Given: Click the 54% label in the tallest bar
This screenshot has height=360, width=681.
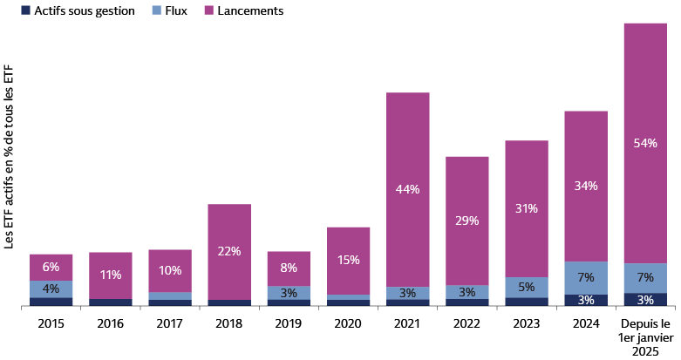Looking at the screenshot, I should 645,143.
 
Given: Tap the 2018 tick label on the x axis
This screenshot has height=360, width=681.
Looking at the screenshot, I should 229,323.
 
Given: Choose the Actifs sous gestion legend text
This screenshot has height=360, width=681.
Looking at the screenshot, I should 84,10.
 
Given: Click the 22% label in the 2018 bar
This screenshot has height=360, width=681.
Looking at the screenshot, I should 229,251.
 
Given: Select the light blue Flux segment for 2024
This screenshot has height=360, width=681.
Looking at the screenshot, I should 586,277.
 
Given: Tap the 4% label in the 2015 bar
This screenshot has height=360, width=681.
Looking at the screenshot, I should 51,289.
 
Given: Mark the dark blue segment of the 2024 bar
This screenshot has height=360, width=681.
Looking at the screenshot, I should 586,300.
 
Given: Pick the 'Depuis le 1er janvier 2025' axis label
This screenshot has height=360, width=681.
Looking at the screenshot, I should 645,337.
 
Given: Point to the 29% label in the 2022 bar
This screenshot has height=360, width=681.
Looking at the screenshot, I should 467,221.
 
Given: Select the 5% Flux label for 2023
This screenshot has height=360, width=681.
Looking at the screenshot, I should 527,287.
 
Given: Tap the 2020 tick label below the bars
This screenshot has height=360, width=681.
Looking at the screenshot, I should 349,323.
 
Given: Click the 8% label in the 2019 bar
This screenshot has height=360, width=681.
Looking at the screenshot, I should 289,268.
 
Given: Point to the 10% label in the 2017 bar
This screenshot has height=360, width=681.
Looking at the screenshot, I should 170,270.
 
